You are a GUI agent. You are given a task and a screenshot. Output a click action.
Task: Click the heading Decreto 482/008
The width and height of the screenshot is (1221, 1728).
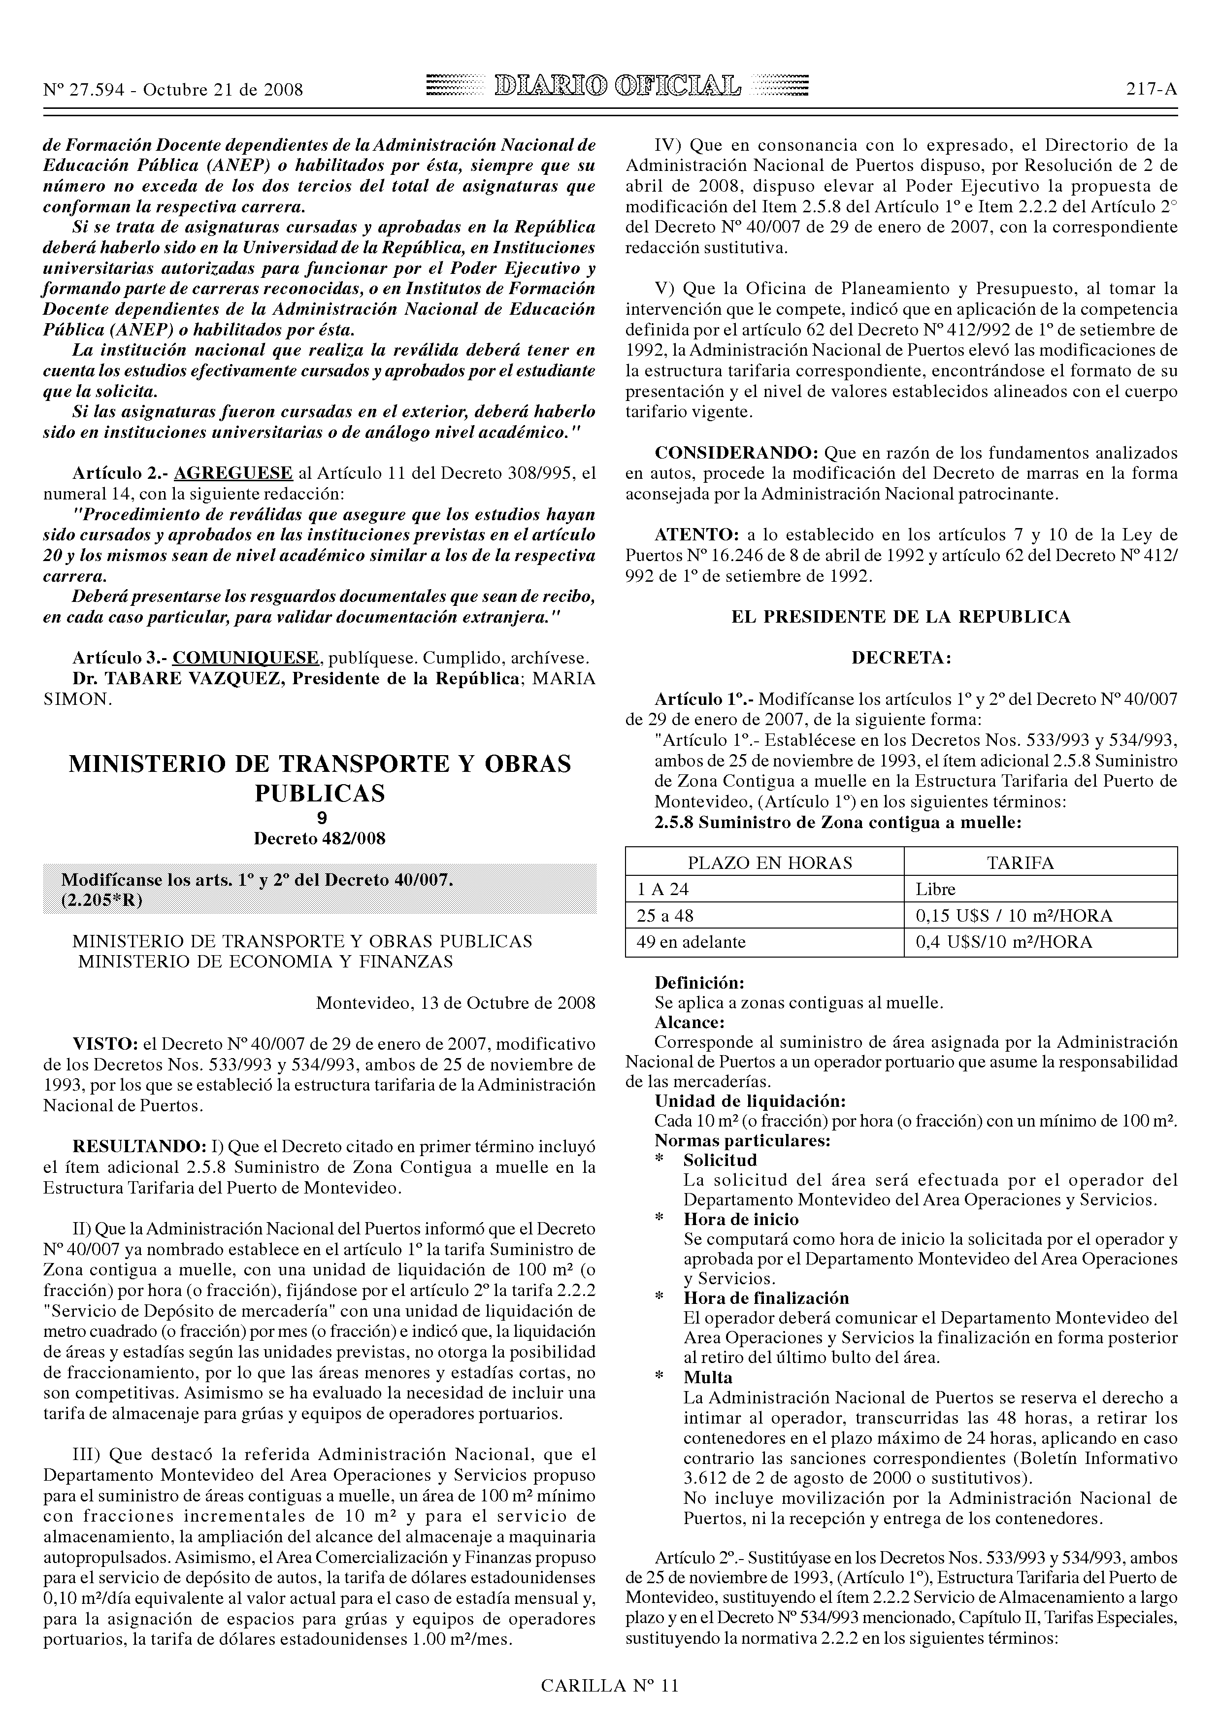click(x=320, y=838)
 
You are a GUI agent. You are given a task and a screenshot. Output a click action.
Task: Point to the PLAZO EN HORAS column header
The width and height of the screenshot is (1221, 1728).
click(x=764, y=863)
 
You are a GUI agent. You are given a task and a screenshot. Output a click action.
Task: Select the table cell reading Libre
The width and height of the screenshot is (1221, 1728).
click(x=935, y=889)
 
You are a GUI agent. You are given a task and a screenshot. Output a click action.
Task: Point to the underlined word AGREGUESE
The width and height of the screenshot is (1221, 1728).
click(x=232, y=473)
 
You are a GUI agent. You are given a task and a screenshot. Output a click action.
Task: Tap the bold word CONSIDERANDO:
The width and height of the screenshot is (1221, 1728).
click(x=736, y=453)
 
